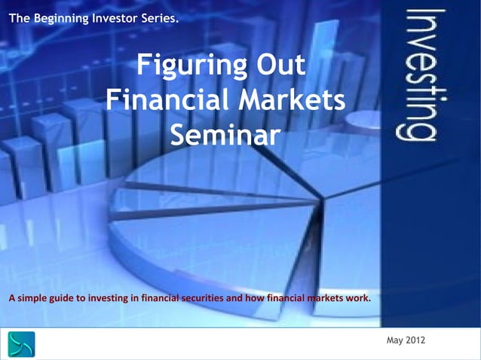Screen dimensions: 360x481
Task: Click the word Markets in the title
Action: [x=292, y=101]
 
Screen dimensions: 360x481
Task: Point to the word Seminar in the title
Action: [x=225, y=136]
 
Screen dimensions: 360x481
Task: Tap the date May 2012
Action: [x=406, y=341]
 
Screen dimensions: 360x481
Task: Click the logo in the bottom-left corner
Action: [x=22, y=345]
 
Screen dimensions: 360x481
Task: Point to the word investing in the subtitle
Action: [x=110, y=297]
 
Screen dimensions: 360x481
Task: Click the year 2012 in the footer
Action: [x=415, y=341]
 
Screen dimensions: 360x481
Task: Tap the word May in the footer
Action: [x=394, y=341]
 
